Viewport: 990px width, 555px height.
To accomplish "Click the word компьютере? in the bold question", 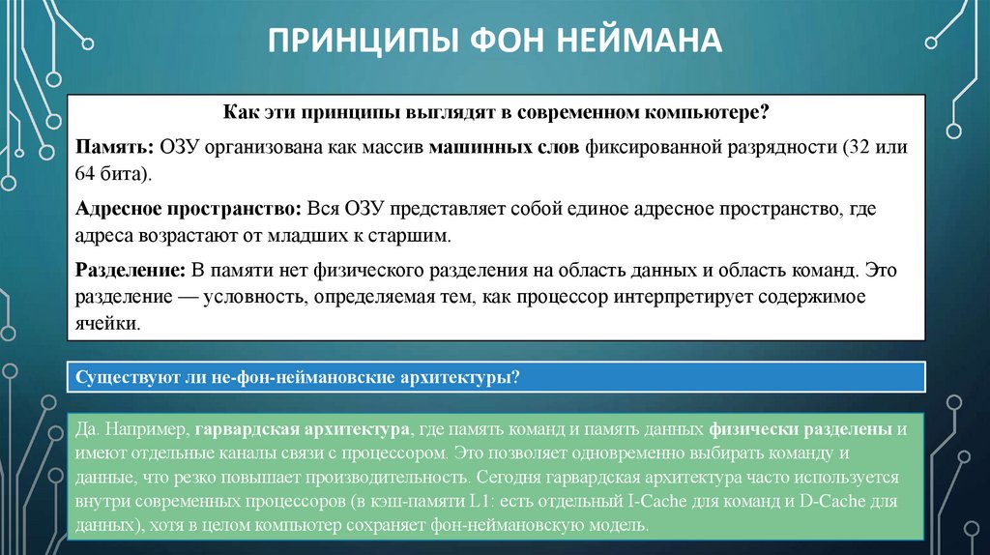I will click(710, 113).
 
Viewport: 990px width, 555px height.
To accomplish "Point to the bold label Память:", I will click(109, 148).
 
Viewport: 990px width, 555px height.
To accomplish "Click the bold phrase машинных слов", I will click(504, 148).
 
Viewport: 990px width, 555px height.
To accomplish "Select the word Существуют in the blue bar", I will click(124, 377).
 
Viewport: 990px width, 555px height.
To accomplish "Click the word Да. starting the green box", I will click(90, 428).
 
